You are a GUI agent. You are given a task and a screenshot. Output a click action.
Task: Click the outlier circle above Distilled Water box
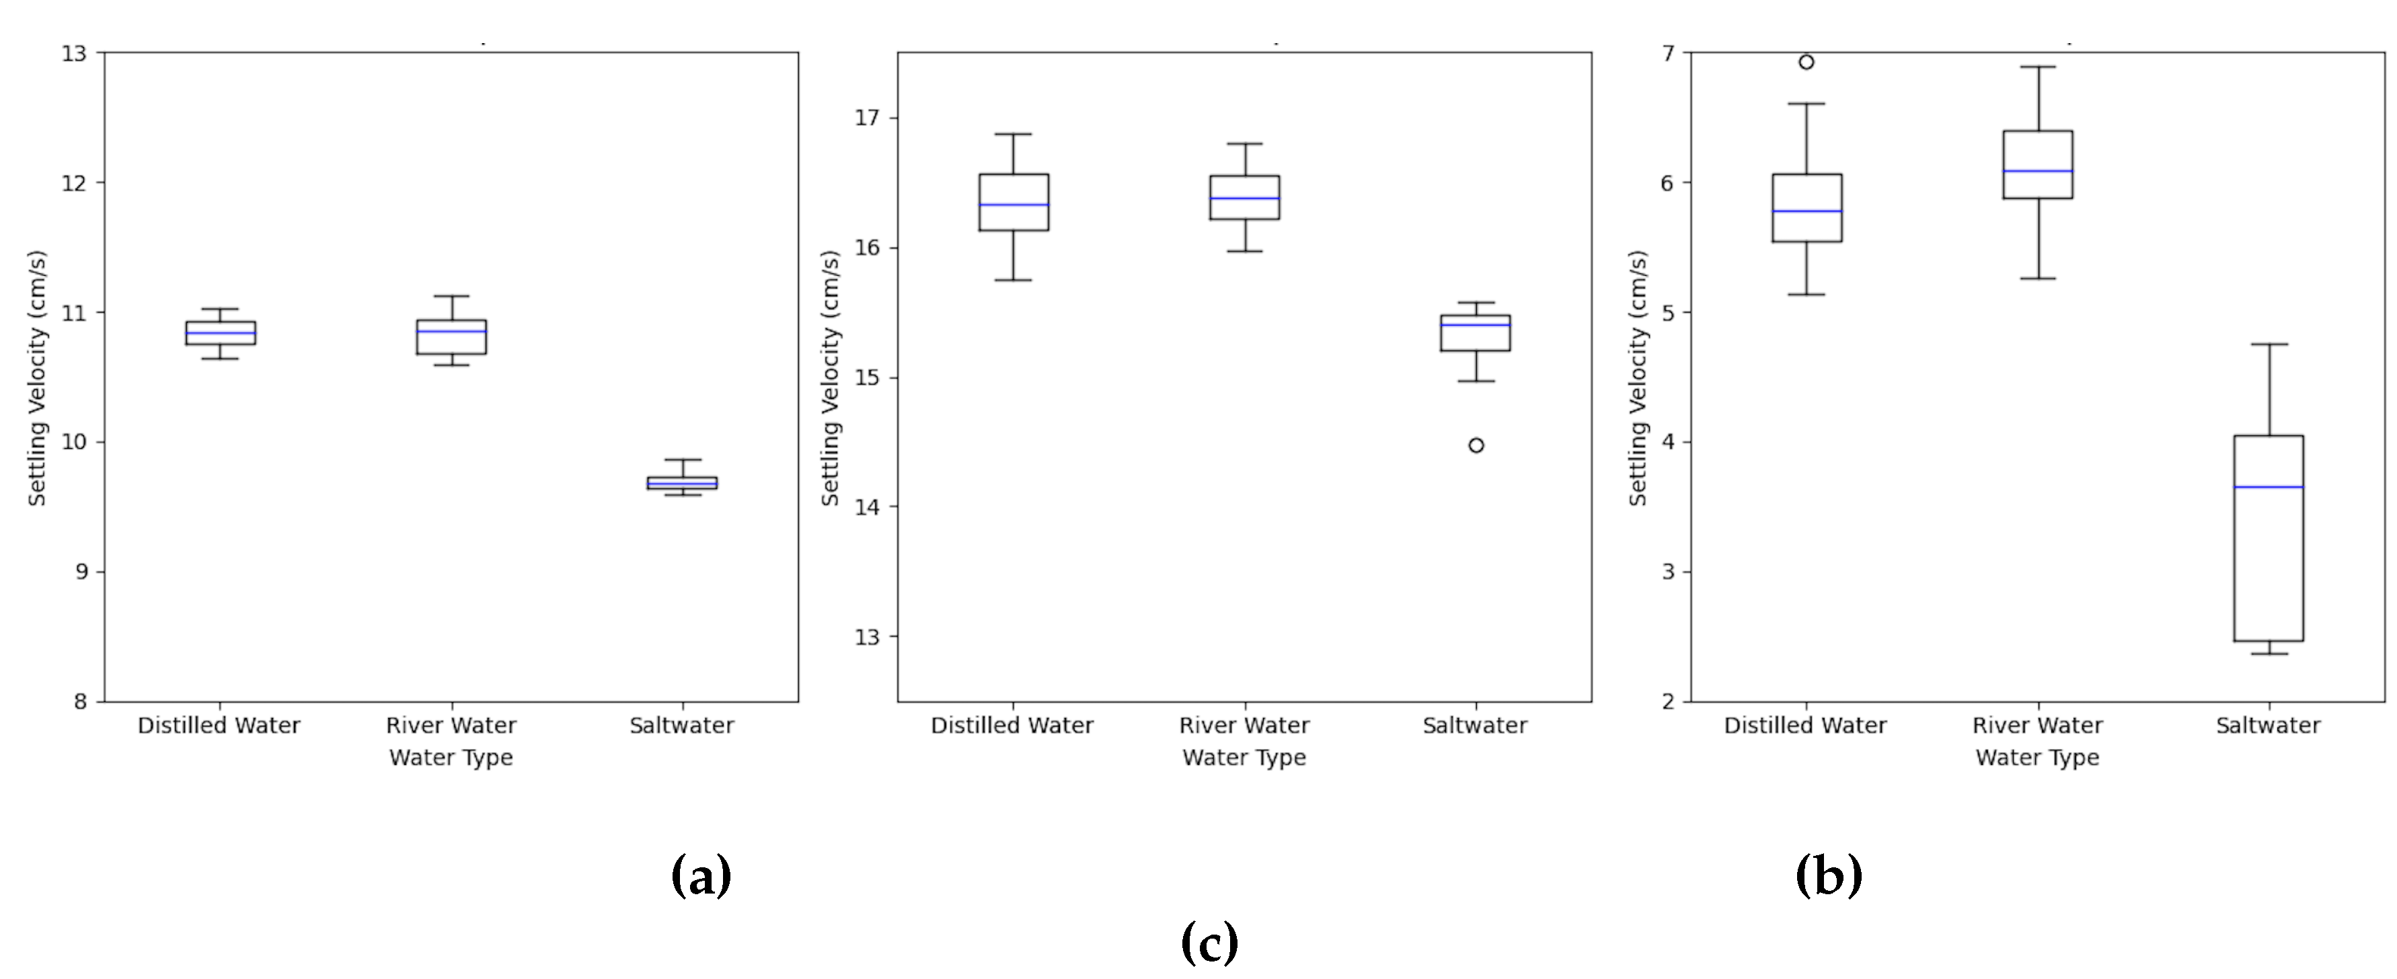(x=1805, y=63)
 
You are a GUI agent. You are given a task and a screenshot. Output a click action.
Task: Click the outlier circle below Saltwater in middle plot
(x=1476, y=445)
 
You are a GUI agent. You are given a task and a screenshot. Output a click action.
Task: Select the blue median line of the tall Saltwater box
(x=2269, y=486)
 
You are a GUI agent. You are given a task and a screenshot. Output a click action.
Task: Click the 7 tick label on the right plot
(x=1667, y=53)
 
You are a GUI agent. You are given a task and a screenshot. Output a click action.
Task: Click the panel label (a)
(x=701, y=875)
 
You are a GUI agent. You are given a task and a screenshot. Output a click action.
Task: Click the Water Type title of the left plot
(x=451, y=758)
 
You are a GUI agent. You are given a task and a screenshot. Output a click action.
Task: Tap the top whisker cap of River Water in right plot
(x=2038, y=67)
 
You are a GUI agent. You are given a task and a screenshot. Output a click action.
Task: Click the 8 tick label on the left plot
(x=80, y=702)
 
